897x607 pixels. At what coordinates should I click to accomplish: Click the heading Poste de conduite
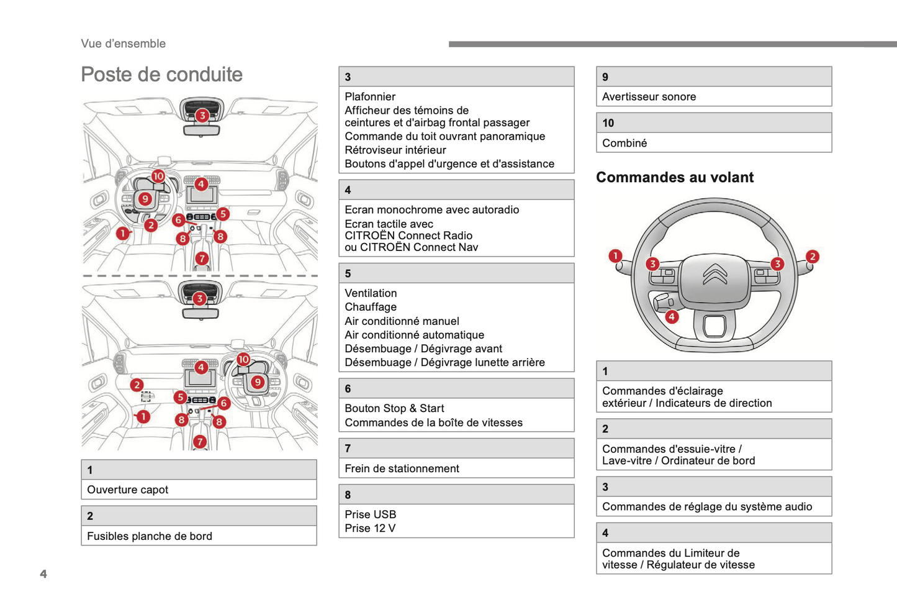pos(161,75)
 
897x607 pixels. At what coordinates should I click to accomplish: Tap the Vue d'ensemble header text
pos(123,43)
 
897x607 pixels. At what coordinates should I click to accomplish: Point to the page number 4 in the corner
pos(43,573)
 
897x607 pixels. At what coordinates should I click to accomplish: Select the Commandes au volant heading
pos(674,177)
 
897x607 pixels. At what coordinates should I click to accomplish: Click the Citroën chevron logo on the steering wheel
pos(714,274)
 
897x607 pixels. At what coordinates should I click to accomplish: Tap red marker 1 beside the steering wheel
pos(615,256)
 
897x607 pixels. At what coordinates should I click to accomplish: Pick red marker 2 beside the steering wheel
pos(812,257)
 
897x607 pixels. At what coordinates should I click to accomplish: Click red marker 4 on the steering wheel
pos(672,317)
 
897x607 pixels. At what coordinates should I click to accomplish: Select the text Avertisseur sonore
pos(649,97)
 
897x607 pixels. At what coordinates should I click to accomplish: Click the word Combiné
pos(624,144)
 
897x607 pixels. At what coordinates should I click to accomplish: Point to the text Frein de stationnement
pos(402,469)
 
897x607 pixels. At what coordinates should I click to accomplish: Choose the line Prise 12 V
pos(370,529)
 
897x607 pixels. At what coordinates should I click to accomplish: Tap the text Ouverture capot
pos(127,490)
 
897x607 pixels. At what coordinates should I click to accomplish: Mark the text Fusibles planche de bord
pos(150,536)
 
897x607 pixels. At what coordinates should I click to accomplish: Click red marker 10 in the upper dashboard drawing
pos(158,176)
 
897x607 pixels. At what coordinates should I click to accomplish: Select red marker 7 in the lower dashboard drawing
pos(199,442)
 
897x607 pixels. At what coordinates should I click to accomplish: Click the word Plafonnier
pos(370,97)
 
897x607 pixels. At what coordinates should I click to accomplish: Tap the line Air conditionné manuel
pos(402,321)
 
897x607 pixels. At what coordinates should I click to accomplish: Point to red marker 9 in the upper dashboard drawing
pos(145,199)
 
